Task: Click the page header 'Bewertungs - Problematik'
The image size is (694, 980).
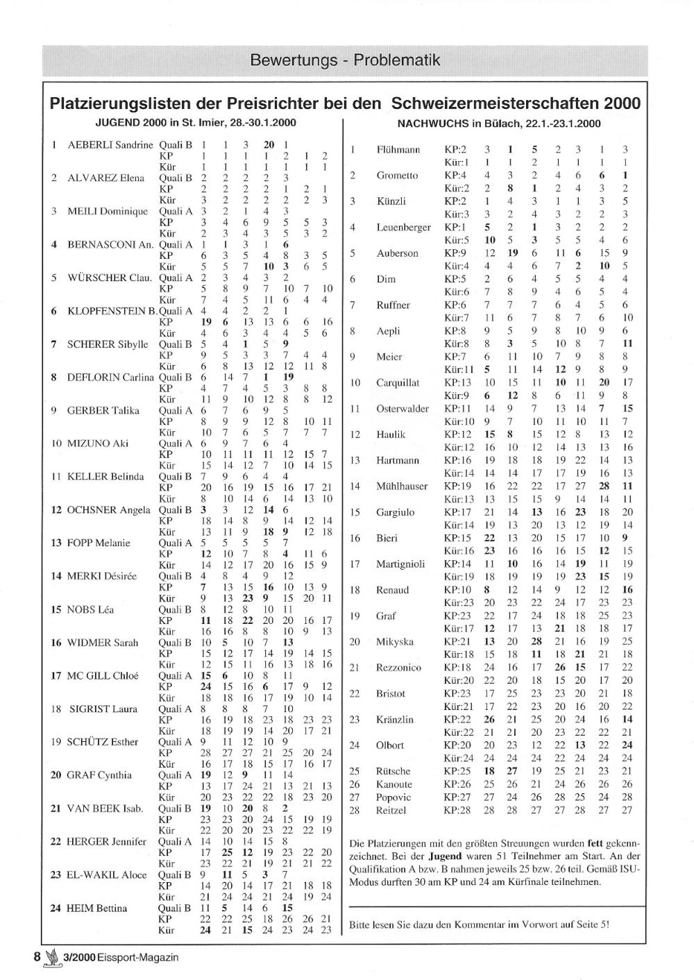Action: [x=345, y=60]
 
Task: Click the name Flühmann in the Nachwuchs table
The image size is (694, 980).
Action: [x=398, y=149]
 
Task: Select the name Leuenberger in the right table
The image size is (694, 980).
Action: [x=403, y=227]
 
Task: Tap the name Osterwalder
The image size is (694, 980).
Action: [x=403, y=409]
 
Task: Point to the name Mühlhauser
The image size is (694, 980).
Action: [x=403, y=486]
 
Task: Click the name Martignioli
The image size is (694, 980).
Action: [x=401, y=564]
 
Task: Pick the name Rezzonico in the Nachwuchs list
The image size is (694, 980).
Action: [x=398, y=667]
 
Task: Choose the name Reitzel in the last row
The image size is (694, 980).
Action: [x=391, y=810]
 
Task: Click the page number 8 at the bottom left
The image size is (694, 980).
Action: [x=37, y=956]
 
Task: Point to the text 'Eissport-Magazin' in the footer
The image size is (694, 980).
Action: [x=138, y=957]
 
